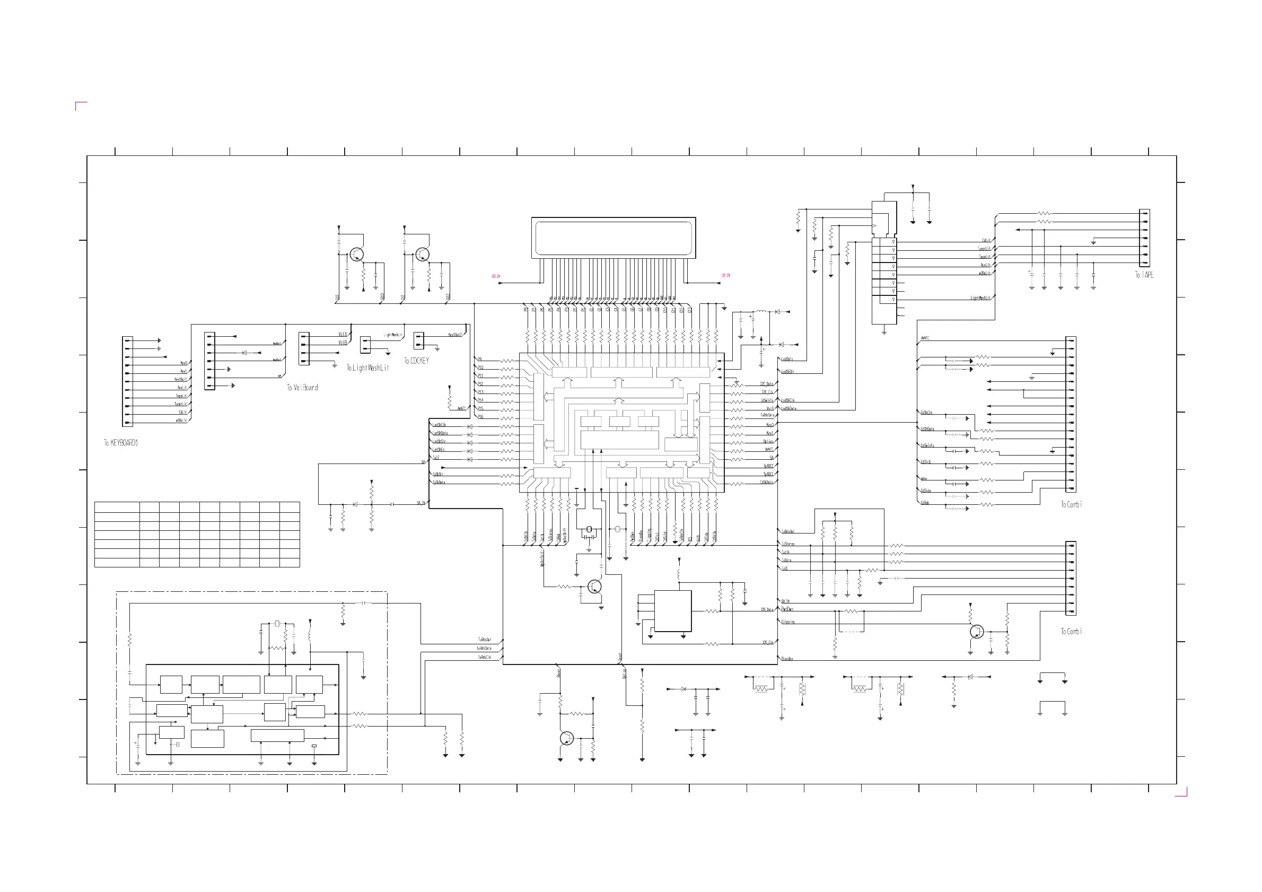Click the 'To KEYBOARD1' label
point(121,443)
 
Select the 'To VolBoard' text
point(302,388)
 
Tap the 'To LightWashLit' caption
point(367,368)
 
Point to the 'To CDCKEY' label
point(417,361)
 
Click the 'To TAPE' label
point(1144,275)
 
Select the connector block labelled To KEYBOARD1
point(127,381)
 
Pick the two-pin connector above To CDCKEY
point(419,341)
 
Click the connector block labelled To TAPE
point(1144,238)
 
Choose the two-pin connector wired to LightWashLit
point(365,345)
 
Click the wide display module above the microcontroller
point(614,238)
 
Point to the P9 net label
point(480,360)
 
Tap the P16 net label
point(480,417)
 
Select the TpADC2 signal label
point(768,466)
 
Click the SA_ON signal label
point(785,602)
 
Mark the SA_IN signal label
point(420,503)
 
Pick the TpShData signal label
point(439,483)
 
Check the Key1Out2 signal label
point(455,335)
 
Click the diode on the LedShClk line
point(470,426)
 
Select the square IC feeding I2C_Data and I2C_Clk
point(672,611)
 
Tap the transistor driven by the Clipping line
point(977,632)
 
